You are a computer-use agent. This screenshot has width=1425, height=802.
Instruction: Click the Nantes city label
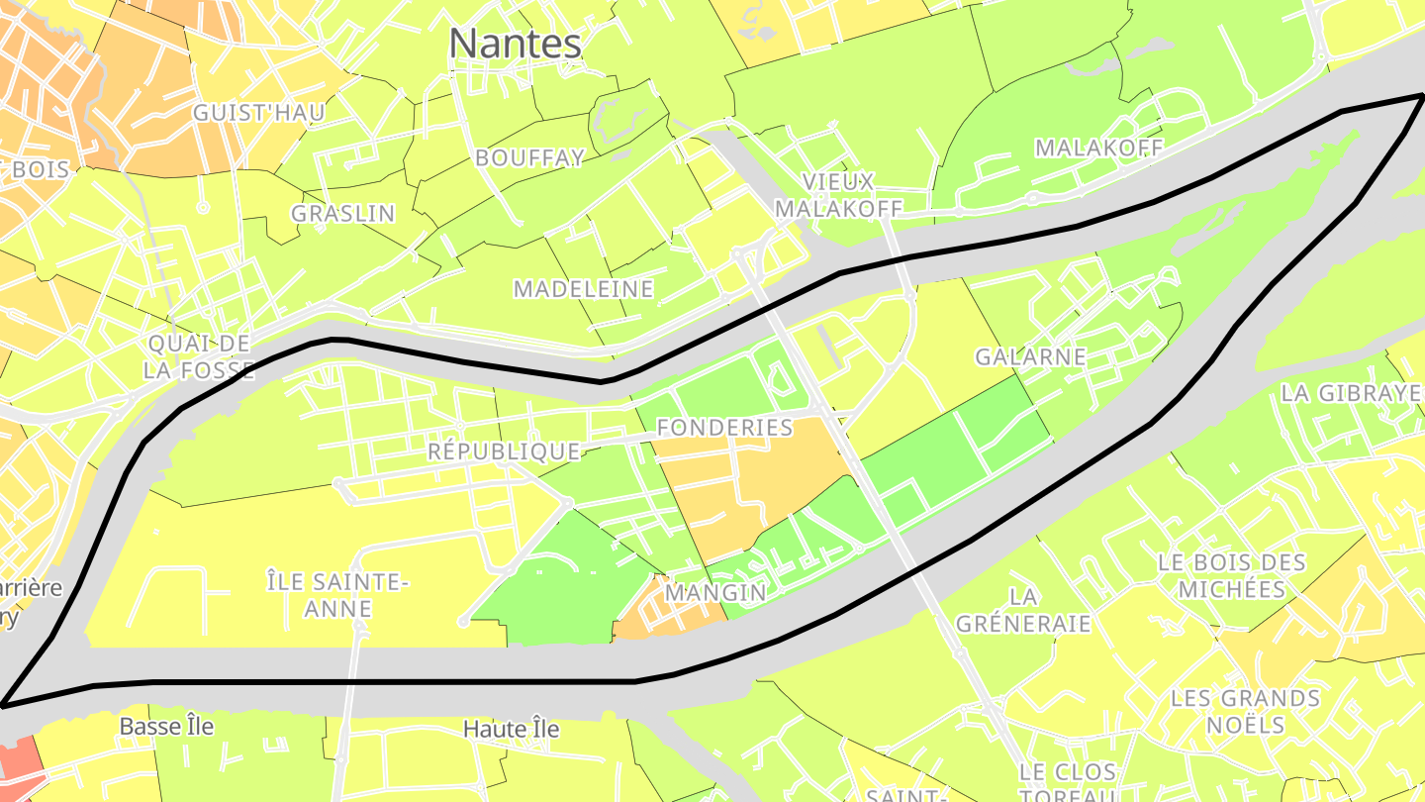tap(515, 44)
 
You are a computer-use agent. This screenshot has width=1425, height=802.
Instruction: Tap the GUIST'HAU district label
tap(258, 113)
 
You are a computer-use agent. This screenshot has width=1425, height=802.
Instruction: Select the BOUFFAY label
tap(529, 157)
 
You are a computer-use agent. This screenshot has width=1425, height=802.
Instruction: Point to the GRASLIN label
tap(342, 213)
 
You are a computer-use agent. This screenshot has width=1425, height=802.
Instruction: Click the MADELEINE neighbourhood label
tap(583, 289)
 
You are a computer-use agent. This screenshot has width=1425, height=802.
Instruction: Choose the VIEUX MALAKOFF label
tap(838, 195)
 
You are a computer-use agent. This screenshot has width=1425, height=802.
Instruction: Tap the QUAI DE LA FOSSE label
tap(198, 356)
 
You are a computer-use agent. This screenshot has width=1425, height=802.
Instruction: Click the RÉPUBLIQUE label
tap(503, 451)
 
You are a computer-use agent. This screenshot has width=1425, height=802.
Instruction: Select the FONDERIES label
tap(725, 428)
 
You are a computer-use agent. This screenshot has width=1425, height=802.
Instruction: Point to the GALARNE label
tap(1030, 356)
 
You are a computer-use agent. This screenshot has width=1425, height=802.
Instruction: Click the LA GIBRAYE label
tap(1351, 392)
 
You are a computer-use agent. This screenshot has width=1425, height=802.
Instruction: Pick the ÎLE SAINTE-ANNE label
tap(337, 594)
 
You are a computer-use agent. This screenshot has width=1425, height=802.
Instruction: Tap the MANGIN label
tap(715, 593)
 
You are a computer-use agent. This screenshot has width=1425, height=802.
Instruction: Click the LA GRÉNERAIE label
tap(1023, 610)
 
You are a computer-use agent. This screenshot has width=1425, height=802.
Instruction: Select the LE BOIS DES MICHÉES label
tap(1232, 575)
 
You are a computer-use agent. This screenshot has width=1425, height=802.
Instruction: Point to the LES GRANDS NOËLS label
tap(1245, 711)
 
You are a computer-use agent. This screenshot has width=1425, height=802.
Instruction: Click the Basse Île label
tap(166, 727)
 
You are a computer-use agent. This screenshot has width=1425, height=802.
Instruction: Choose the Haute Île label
tap(511, 730)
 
